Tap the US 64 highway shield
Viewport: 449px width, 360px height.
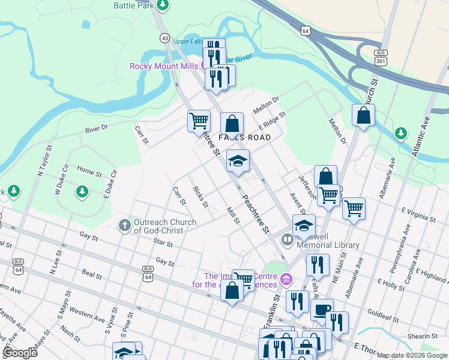coord(306,30)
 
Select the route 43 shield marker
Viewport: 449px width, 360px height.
coord(164,38)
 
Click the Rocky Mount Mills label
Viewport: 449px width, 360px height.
coord(164,66)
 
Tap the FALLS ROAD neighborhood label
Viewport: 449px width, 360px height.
coord(244,137)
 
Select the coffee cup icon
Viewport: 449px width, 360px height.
coord(321,309)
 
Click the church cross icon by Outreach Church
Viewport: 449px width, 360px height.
coord(124,226)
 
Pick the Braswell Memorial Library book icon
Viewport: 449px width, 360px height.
coord(288,241)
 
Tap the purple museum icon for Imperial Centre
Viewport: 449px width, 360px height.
coord(287,280)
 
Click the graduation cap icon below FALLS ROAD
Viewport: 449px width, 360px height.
coord(238,161)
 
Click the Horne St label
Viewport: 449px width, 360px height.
coord(89,173)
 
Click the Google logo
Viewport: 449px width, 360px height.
coord(20,353)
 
